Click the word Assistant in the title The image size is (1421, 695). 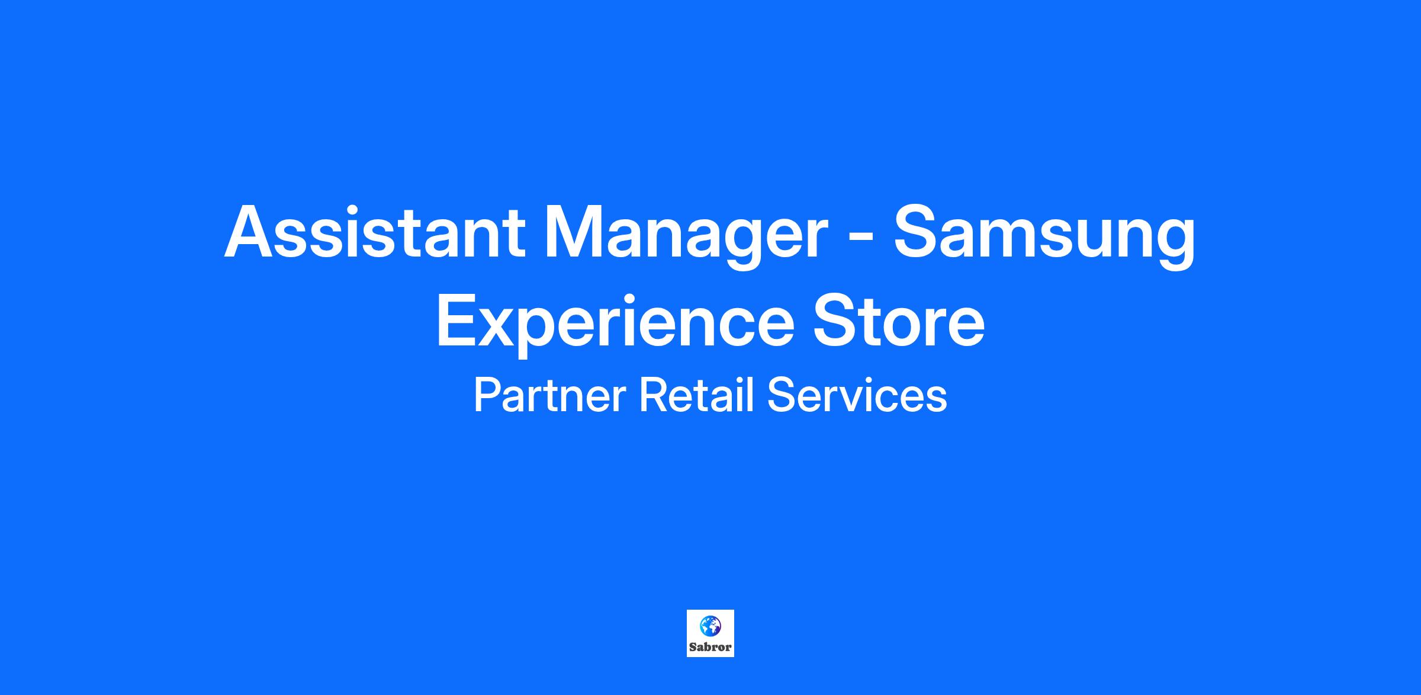pyautogui.click(x=374, y=231)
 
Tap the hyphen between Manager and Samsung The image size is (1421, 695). pyautogui.click(x=859, y=240)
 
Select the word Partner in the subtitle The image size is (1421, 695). pyautogui.click(x=549, y=396)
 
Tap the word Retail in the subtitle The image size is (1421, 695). pyautogui.click(x=696, y=396)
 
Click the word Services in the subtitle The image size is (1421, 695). pyautogui.click(x=857, y=396)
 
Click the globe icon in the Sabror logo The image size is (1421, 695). pyautogui.click(x=710, y=625)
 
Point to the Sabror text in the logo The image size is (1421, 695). pyautogui.click(x=710, y=646)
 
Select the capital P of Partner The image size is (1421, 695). pyautogui.click(x=486, y=396)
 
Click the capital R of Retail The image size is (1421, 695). pyautogui.click(x=652, y=396)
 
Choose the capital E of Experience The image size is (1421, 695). pyautogui.click(x=456, y=321)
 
